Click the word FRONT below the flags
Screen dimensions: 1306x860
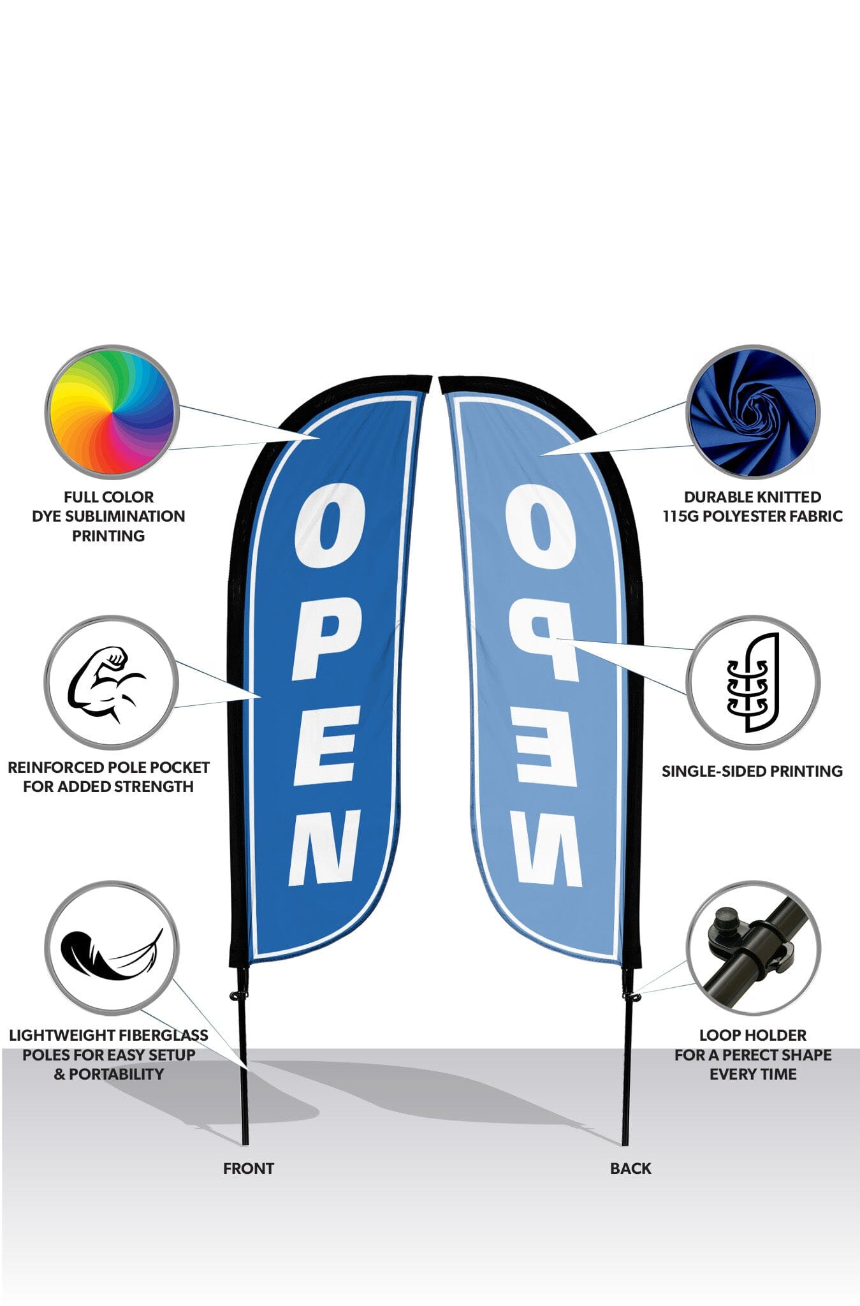248,1168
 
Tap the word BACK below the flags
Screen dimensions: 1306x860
630,1168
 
